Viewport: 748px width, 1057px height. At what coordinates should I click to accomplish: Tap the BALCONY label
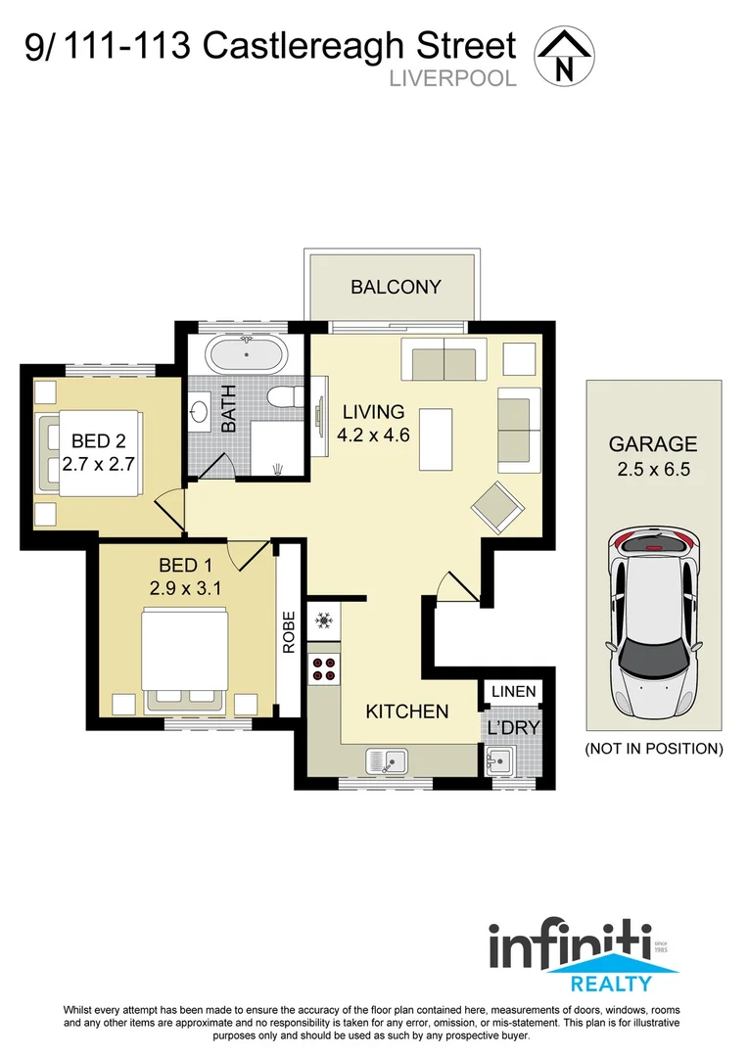click(x=396, y=287)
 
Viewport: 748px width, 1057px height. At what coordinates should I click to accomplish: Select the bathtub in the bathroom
click(x=246, y=353)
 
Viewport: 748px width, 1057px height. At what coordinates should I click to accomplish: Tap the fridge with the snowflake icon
click(x=322, y=620)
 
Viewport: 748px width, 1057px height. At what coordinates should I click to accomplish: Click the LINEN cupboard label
click(x=513, y=692)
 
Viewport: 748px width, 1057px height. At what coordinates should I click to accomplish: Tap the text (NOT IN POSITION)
click(x=653, y=749)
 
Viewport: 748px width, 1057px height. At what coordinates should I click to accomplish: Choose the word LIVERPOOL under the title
click(x=452, y=78)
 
